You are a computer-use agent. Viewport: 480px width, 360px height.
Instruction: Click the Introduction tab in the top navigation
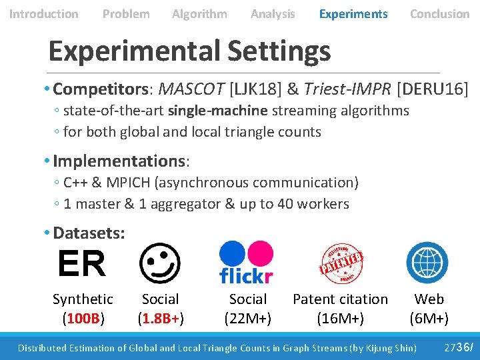43,13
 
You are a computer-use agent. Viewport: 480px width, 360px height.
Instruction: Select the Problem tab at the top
126,13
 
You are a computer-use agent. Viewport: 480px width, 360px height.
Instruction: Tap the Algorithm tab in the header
199,13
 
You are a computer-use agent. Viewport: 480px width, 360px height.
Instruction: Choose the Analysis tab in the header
273,13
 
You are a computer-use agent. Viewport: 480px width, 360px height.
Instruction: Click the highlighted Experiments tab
353,13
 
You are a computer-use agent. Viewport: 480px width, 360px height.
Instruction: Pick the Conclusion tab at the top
439,13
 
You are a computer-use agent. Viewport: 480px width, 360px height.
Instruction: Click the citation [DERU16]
432,88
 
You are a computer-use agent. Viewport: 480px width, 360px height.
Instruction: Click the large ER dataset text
81,264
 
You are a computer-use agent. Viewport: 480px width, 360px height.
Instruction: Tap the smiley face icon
159,263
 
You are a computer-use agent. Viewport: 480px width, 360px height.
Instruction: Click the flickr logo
246,263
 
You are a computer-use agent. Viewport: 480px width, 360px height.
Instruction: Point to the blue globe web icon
427,263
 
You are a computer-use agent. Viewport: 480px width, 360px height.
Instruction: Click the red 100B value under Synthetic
83,318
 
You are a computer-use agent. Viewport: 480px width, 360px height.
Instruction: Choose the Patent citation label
340,299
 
